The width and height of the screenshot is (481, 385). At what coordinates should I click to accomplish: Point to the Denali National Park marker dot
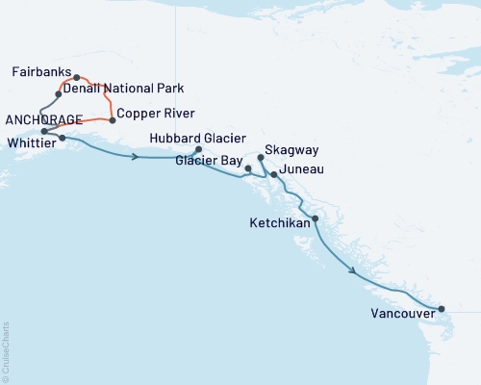[59, 94]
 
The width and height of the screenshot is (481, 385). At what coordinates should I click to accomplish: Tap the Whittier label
[29, 141]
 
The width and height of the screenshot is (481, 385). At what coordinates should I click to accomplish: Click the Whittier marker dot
[63, 138]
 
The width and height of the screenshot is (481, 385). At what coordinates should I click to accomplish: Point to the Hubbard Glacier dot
[198, 149]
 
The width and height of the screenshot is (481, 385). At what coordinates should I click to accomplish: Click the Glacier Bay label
[207, 161]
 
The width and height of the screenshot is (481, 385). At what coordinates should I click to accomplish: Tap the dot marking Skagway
[262, 156]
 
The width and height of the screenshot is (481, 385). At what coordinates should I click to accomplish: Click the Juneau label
[301, 169]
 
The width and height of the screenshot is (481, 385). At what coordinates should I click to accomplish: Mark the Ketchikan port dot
[316, 218]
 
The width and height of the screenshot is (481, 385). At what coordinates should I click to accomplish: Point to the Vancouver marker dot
[442, 309]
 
